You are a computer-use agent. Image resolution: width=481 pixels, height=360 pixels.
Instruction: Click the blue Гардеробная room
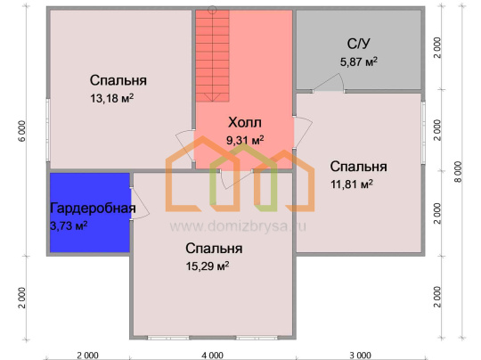[90, 212]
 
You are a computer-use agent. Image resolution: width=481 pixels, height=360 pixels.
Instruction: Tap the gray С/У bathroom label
[358, 44]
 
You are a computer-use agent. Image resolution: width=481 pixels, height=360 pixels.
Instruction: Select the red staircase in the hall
[212, 56]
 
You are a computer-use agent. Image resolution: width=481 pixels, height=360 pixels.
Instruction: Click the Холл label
[245, 123]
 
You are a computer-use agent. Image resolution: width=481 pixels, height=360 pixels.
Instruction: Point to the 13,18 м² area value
[111, 99]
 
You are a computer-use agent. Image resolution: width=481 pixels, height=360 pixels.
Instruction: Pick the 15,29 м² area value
[208, 266]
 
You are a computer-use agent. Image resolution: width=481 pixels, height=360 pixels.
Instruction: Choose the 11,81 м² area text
[352, 184]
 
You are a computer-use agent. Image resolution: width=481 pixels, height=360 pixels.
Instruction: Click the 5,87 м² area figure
[359, 62]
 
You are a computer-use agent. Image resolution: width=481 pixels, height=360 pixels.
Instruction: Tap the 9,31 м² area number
[245, 141]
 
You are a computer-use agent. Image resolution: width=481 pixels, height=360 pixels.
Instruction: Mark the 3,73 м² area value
[69, 226]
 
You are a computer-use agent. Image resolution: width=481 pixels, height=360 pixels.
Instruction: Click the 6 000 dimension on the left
[22, 131]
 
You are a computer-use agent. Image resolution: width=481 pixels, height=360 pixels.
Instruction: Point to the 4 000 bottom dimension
[212, 356]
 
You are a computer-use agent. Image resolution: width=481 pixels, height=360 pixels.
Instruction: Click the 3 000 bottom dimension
[361, 356]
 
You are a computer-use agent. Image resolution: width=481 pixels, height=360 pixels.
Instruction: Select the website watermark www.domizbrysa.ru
[238, 226]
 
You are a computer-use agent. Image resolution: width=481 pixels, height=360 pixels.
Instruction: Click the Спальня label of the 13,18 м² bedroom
[118, 80]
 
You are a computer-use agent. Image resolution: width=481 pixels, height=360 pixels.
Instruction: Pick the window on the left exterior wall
[48, 129]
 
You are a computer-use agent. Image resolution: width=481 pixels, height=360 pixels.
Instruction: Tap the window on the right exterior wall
[423, 133]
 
